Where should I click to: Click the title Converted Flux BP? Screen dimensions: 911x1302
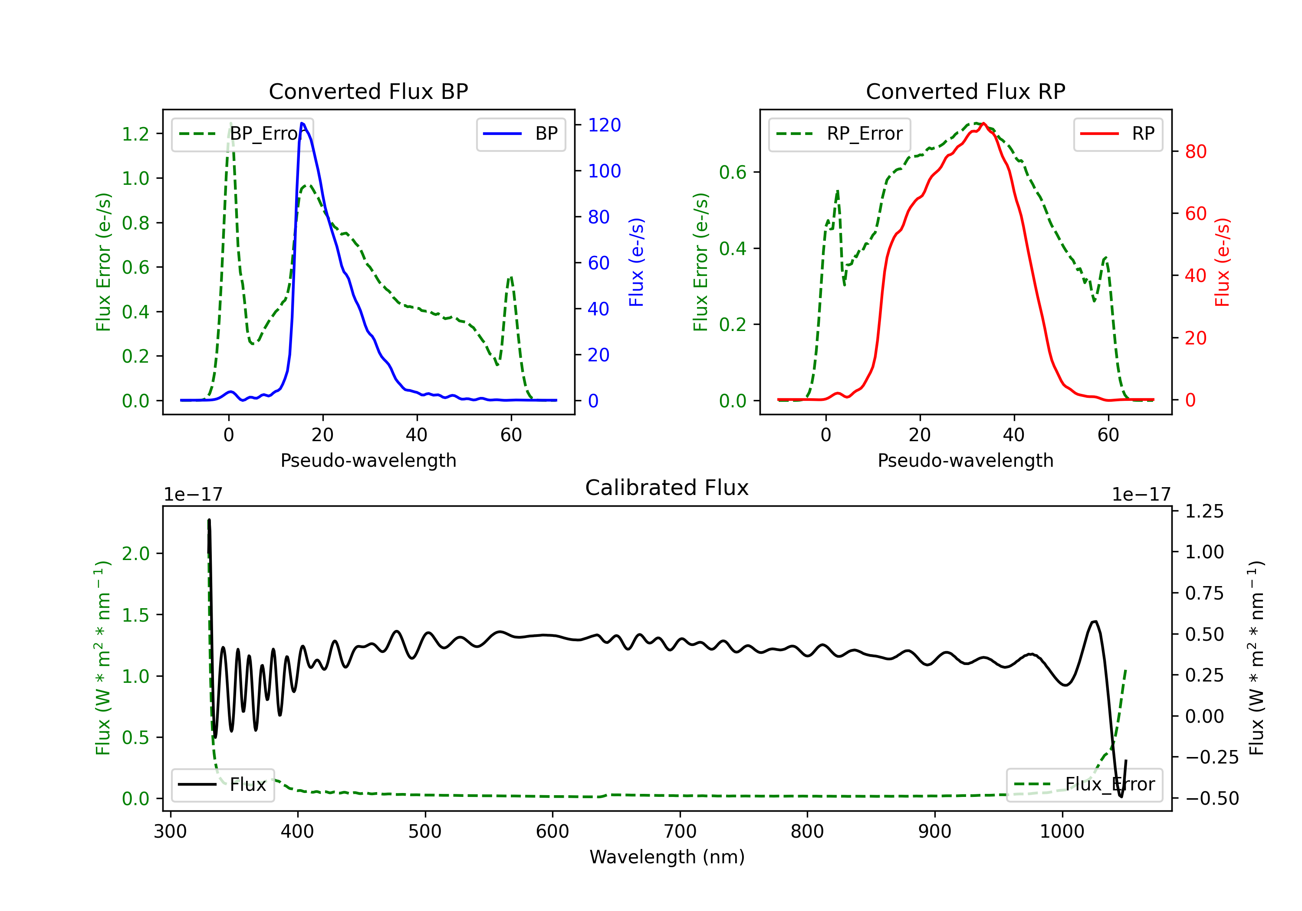point(368,91)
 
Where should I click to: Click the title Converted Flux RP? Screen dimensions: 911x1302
point(965,91)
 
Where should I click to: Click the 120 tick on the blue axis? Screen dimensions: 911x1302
point(604,125)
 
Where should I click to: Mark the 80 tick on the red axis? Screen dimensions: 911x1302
point(1195,151)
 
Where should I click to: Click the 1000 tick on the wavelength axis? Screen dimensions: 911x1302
point(1062,831)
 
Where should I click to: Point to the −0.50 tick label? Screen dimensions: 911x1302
point(1211,798)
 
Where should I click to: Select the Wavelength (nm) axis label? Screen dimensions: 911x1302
point(667,857)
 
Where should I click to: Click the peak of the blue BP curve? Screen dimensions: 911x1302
point(302,123)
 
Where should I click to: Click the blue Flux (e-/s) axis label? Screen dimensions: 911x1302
point(636,262)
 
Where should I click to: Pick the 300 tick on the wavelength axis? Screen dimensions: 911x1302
point(170,831)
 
